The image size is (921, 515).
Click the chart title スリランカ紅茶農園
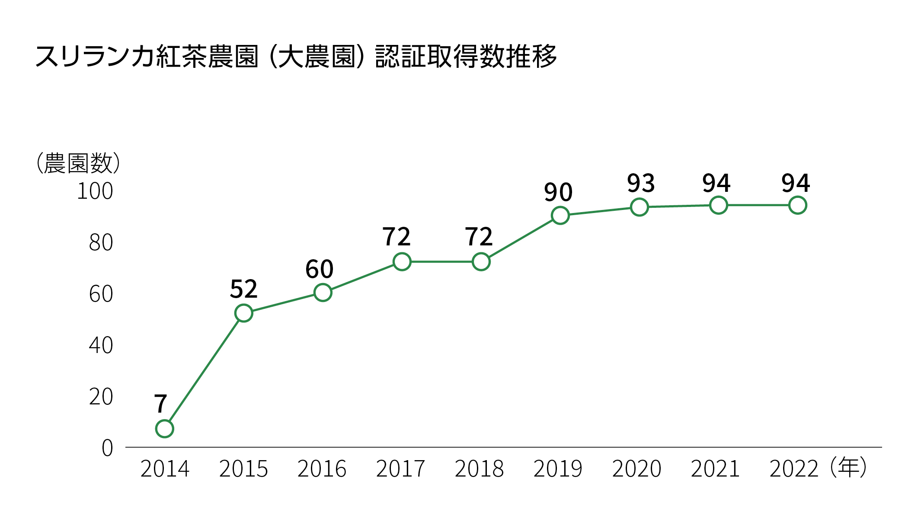[x=296, y=57]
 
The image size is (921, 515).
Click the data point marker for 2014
[x=164, y=429]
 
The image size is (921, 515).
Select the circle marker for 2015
[x=243, y=313]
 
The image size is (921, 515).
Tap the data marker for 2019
[x=560, y=215]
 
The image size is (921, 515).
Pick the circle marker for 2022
[x=797, y=205]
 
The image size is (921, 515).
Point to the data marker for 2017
[x=402, y=262]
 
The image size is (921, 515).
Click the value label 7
[x=160, y=404]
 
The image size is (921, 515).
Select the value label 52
[x=243, y=289]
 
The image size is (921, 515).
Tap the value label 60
[x=319, y=269]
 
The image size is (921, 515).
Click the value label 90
[x=558, y=192]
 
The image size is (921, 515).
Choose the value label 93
[x=641, y=183]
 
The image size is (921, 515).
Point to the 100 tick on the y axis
[x=95, y=191]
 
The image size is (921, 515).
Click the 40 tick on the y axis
[x=101, y=345]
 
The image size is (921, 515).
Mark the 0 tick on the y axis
[x=107, y=448]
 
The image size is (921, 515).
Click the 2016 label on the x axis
[x=322, y=469]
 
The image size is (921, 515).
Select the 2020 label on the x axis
[x=636, y=469]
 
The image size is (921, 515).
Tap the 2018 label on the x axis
[x=479, y=469]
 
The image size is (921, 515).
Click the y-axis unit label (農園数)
[x=78, y=163]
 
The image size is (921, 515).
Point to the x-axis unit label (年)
[x=848, y=467]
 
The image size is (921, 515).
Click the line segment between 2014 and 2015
[x=204, y=371]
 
